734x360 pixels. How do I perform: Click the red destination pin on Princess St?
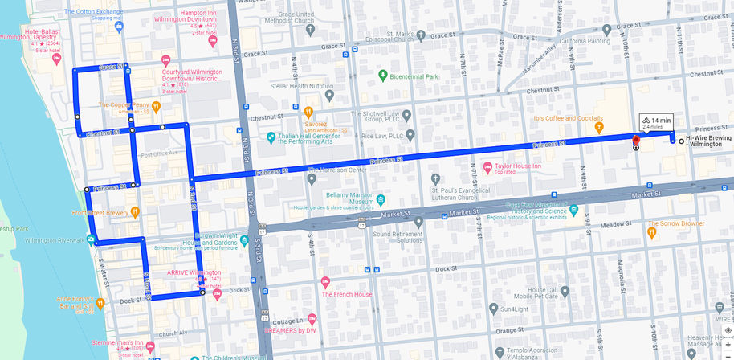(x=635, y=141)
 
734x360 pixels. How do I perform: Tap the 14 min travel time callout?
(x=656, y=122)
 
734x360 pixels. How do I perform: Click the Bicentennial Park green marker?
(x=383, y=76)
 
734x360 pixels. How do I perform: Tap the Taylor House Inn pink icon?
(x=487, y=166)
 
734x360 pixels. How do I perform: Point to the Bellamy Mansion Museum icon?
(x=381, y=199)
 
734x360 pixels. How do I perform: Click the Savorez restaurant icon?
(x=308, y=111)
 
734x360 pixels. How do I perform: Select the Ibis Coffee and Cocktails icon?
(x=598, y=127)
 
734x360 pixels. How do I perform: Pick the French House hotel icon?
(x=325, y=282)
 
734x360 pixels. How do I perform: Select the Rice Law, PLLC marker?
(x=410, y=135)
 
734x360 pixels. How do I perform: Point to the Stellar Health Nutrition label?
(x=301, y=86)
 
